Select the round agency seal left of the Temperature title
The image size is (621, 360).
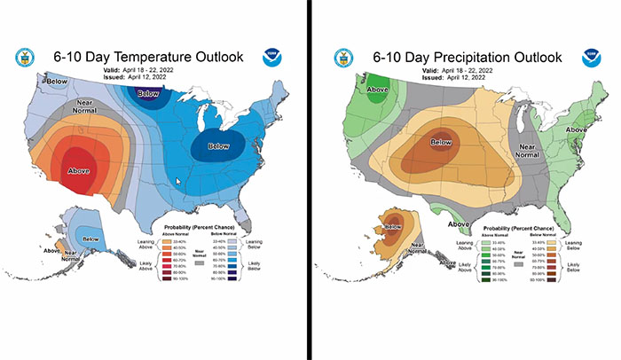[24, 59]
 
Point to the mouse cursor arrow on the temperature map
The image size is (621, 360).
[179, 183]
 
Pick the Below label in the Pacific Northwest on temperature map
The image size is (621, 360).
[33, 82]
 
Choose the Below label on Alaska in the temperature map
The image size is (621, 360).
[90, 239]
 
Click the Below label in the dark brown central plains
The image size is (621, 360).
[440, 142]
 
